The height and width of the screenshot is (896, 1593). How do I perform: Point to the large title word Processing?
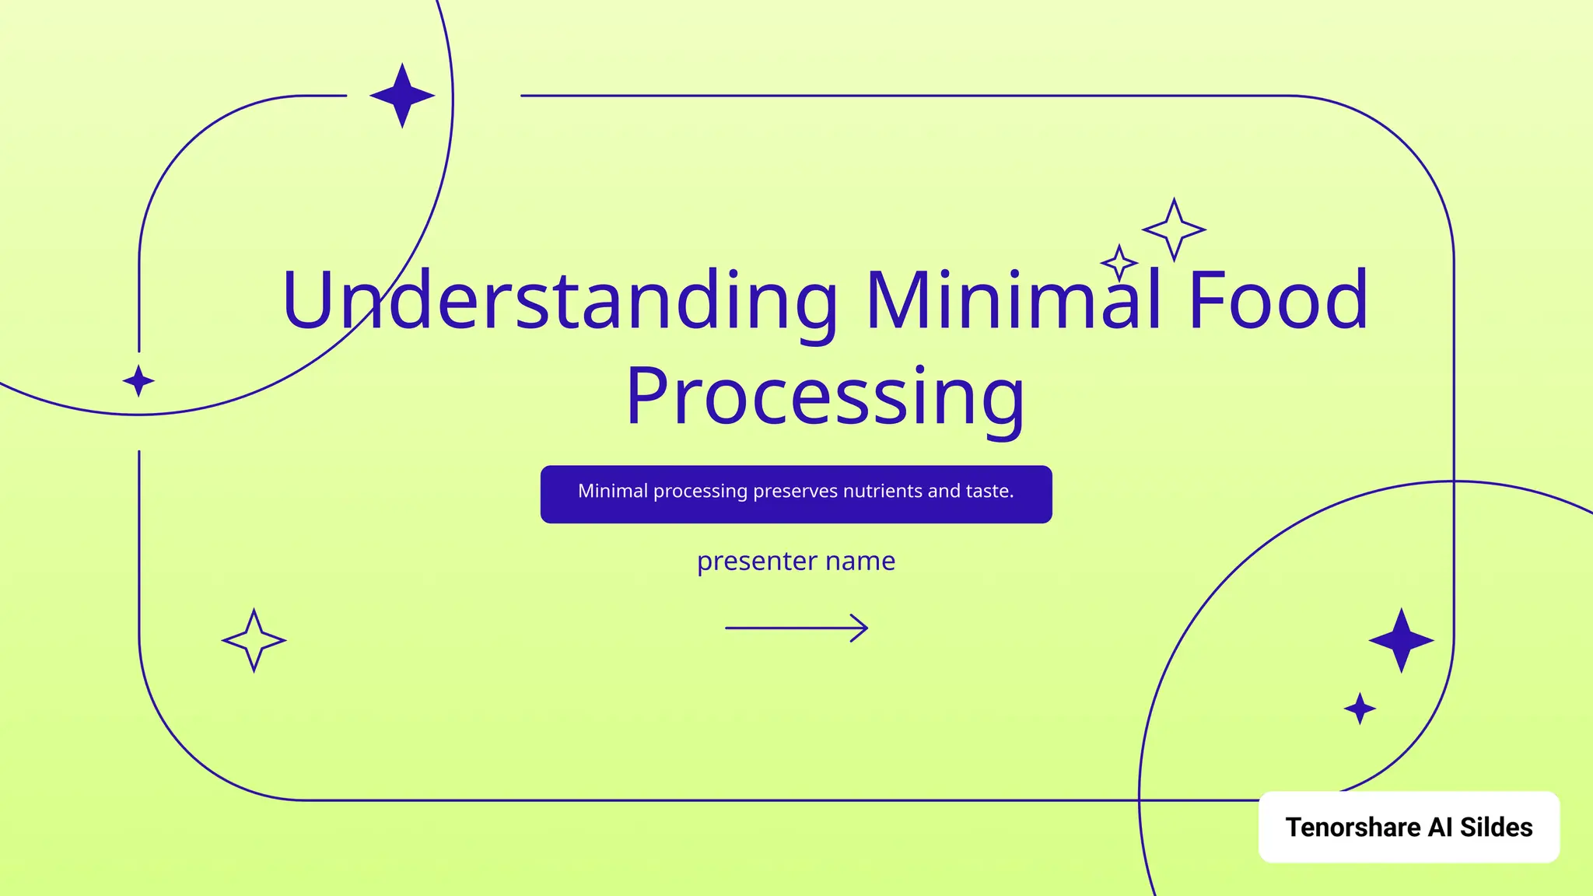tap(825, 397)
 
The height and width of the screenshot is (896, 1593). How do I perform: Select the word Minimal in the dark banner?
tap(613, 492)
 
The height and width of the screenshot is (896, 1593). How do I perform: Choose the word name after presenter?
tap(860, 562)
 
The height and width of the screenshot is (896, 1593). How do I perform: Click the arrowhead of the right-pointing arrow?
tap(860, 628)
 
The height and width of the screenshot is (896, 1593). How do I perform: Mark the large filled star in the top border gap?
tap(402, 96)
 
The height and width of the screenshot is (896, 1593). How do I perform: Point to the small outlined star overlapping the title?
tap(1119, 263)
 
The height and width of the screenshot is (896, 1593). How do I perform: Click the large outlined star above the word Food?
tap(1174, 229)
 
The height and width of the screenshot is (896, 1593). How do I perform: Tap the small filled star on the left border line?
tap(138, 381)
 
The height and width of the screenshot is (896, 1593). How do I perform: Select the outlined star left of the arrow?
tap(254, 640)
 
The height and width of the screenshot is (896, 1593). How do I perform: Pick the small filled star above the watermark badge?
tap(1360, 709)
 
